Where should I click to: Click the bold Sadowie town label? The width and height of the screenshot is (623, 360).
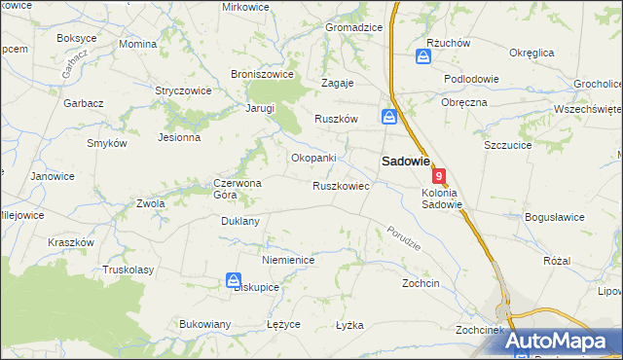[x=405, y=162]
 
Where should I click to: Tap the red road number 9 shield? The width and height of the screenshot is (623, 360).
[x=440, y=176]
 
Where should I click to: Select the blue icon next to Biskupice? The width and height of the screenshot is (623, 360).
[x=234, y=281]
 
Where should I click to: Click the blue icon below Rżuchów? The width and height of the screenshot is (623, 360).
[x=423, y=57]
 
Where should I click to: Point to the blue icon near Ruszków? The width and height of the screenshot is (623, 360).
[x=389, y=117]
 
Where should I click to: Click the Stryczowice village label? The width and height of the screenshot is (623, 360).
[x=183, y=90]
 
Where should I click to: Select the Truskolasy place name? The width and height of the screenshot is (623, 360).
[x=128, y=270]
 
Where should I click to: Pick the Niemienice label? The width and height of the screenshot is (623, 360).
[x=286, y=261]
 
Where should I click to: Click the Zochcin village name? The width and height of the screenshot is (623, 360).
[x=421, y=283]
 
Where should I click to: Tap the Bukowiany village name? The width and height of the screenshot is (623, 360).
[x=204, y=324]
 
